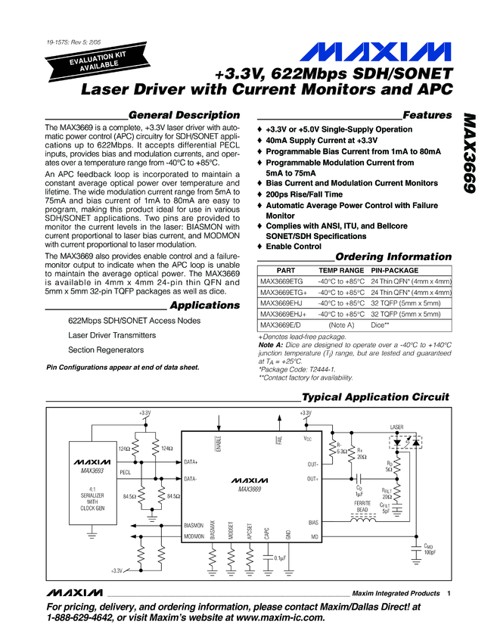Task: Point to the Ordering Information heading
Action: (393, 256)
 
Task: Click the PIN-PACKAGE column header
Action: (399, 270)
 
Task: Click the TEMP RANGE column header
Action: (341, 270)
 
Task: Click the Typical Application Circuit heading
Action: (375, 397)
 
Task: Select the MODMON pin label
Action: (194, 536)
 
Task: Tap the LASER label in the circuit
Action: (398, 427)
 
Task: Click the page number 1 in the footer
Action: (449, 594)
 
